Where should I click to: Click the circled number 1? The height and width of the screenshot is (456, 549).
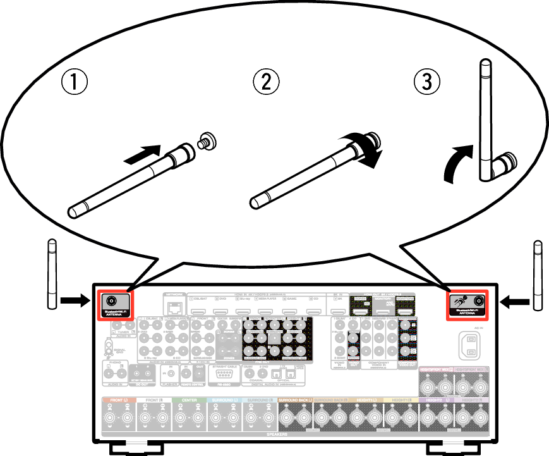coord(74,82)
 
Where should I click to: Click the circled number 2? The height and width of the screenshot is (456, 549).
coord(266,82)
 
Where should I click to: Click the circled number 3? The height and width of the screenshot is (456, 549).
coord(427,82)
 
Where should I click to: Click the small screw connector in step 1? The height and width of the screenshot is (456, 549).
coord(206,140)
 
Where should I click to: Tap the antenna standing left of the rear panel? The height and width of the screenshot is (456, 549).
coord(52,274)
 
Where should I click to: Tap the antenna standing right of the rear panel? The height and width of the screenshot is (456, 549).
coord(538,274)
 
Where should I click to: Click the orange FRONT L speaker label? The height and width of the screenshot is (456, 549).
coord(119,400)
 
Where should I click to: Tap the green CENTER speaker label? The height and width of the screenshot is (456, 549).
coord(190,400)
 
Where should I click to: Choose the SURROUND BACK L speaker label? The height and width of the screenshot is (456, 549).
coord(295,400)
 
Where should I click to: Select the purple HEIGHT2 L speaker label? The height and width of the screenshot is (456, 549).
coord(436,400)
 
